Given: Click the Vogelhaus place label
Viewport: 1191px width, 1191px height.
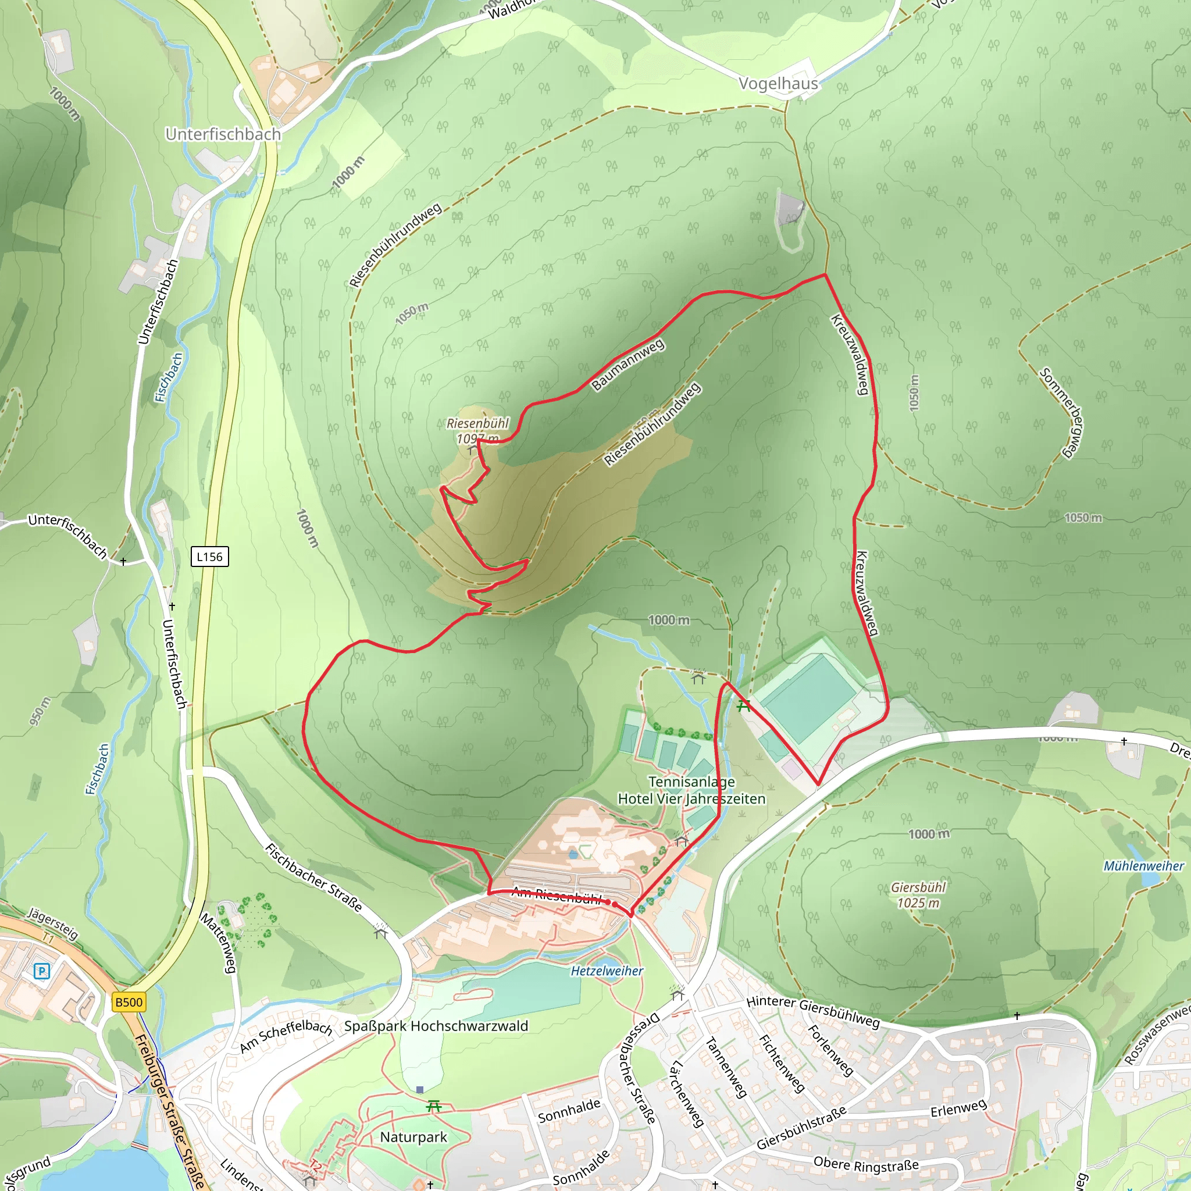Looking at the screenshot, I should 778,84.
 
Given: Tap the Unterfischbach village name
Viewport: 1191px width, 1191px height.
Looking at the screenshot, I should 223,134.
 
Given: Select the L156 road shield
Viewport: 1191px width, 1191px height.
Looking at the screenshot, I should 209,557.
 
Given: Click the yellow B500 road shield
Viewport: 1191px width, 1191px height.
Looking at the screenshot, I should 129,1002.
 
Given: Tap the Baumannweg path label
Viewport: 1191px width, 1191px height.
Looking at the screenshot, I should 627,363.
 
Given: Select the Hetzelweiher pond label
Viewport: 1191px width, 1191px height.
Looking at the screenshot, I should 607,971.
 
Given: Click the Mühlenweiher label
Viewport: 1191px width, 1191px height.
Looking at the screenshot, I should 1143,866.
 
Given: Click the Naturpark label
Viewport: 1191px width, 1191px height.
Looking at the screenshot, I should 413,1137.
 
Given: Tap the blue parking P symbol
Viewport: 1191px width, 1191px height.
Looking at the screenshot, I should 41,972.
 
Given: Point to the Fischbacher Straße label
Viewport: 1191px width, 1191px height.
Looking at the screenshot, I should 313,877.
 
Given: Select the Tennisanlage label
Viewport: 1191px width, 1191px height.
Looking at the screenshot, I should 691,782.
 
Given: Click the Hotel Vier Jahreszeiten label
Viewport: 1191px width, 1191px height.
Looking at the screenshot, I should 691,799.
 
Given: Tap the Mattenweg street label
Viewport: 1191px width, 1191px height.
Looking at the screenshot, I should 219,943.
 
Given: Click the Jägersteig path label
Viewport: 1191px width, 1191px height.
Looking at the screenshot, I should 53,923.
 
